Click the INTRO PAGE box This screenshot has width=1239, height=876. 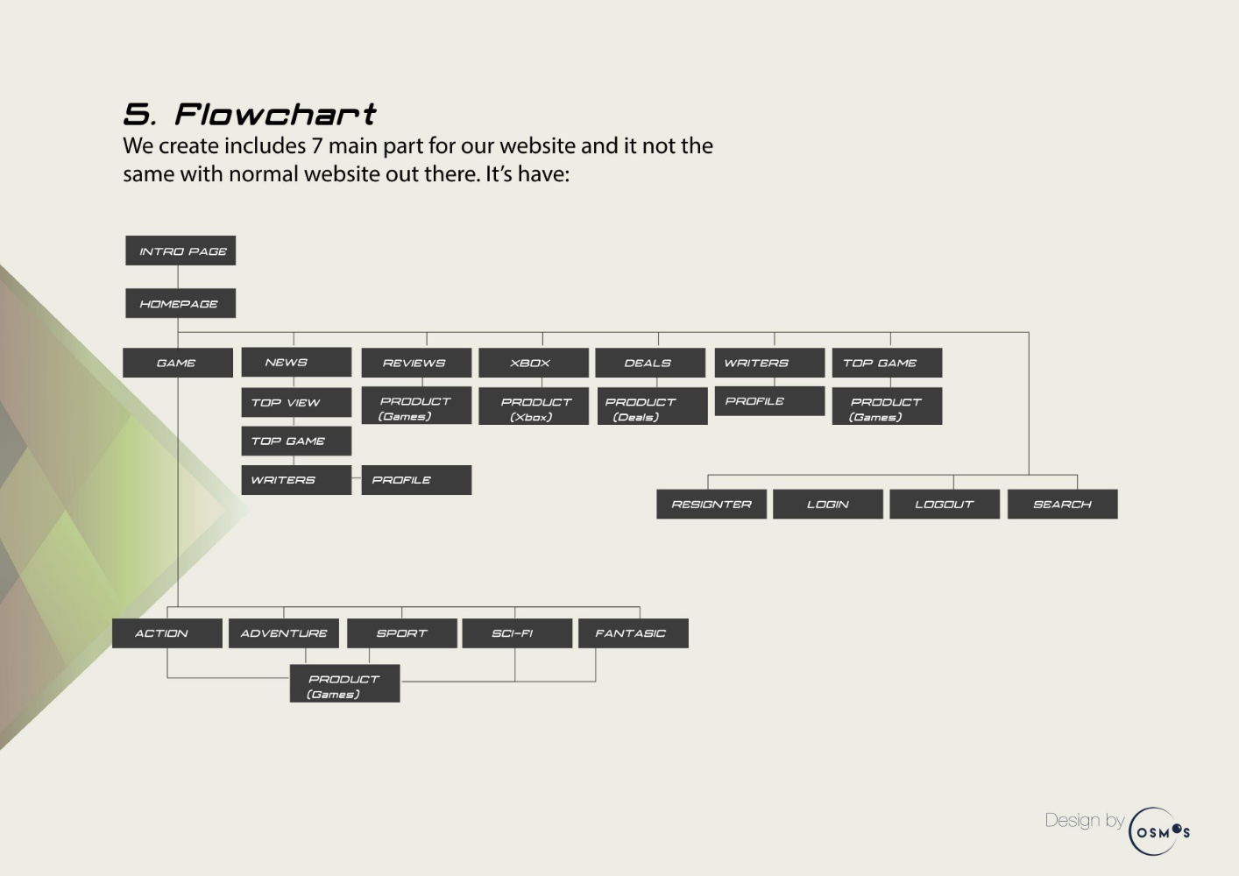[181, 251]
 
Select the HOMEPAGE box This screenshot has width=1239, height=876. [181, 303]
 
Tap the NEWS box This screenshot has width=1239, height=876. [296, 363]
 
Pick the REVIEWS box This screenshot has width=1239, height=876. [416, 363]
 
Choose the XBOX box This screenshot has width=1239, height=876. [534, 363]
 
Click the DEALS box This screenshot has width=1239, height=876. [650, 363]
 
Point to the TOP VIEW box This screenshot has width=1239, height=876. [296, 402]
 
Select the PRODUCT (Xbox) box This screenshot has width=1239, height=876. [534, 406]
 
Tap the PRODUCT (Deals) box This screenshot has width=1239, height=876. [653, 406]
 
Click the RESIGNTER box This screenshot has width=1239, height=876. [712, 504]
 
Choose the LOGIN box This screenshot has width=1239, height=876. [828, 504]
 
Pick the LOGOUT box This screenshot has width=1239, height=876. [945, 504]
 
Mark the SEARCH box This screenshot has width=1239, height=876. [1063, 504]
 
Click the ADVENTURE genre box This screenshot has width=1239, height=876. [284, 633]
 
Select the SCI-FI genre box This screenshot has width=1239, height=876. [517, 633]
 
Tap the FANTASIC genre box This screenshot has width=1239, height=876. [634, 633]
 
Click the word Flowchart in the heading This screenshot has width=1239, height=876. [275, 115]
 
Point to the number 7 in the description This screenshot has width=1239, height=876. [316, 146]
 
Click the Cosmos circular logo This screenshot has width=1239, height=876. [1158, 831]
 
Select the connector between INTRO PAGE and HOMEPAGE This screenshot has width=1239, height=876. [178, 277]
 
